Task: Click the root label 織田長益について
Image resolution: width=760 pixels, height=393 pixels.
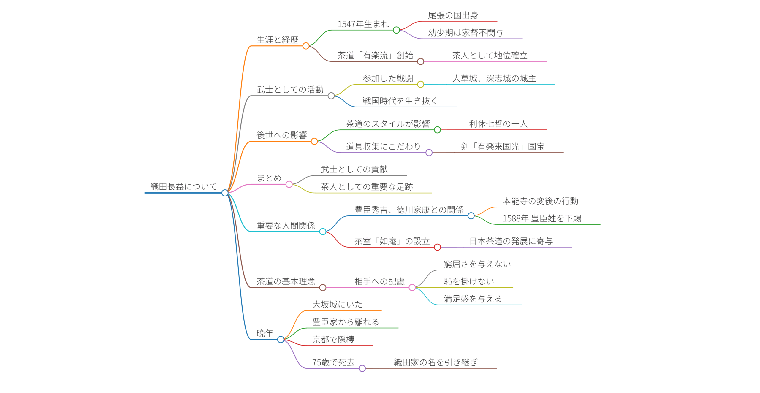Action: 183,186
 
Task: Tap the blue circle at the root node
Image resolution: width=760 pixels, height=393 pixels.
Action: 225,193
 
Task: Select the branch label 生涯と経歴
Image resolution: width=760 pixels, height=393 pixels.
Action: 277,40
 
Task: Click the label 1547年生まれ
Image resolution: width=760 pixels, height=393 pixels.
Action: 363,24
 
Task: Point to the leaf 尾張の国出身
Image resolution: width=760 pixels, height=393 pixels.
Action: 453,15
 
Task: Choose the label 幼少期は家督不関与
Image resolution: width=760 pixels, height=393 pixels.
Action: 465,33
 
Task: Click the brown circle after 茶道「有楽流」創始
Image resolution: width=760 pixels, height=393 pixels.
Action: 420,62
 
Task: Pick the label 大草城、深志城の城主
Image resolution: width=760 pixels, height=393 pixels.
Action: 494,78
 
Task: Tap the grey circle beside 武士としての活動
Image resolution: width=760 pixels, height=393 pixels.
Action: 331,96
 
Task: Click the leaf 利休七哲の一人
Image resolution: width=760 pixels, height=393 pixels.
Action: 498,124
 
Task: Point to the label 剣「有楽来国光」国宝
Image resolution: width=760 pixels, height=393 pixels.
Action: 502,147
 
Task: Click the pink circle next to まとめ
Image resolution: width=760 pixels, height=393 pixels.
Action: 289,184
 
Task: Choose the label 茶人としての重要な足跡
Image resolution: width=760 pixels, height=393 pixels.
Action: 367,187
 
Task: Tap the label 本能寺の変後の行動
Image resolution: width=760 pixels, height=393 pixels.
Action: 540,201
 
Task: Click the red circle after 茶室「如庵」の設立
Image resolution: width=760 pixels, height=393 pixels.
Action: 437,247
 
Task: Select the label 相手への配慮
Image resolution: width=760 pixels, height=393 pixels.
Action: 379,281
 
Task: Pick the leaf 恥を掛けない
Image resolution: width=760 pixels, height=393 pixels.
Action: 469,281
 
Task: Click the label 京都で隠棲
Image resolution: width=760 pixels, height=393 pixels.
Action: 333,340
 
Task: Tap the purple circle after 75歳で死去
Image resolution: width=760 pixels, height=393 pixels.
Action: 362,368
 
